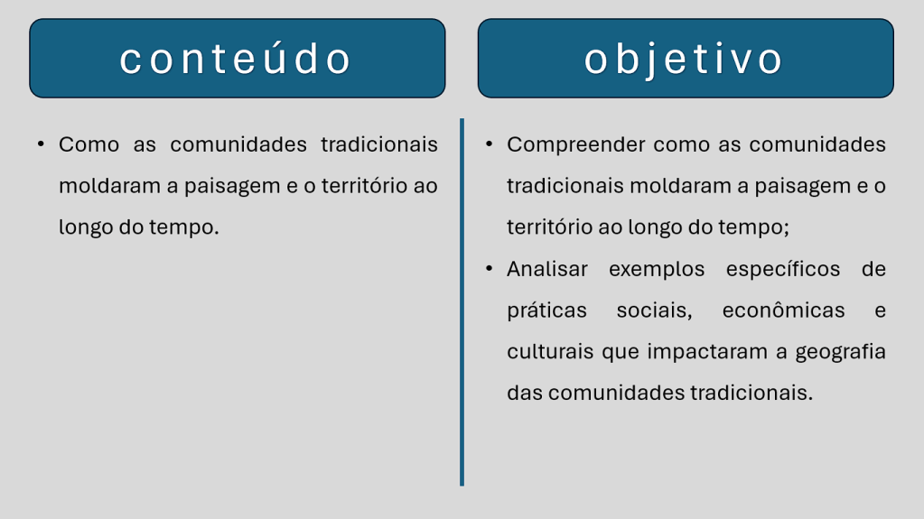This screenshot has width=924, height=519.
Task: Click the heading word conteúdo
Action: click(x=236, y=59)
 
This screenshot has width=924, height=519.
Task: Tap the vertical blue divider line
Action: click(x=462, y=302)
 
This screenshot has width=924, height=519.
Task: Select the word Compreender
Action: click(x=575, y=145)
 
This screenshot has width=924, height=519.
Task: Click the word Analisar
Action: click(x=546, y=269)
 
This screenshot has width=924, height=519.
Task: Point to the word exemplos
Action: click(x=657, y=270)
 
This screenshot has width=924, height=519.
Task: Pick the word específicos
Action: click(x=783, y=270)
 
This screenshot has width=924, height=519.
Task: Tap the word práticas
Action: click(x=546, y=311)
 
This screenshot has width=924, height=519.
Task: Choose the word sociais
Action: click(x=654, y=310)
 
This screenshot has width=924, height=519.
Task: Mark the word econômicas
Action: click(x=784, y=310)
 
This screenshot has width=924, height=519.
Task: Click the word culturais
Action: click(x=550, y=351)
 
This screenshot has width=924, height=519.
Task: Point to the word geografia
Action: click(x=840, y=352)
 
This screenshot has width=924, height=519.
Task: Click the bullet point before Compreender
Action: click(x=489, y=144)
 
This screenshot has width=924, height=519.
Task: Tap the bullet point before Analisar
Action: click(x=489, y=268)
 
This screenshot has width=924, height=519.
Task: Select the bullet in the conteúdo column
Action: click(x=41, y=144)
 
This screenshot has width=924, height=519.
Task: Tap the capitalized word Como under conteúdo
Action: click(x=89, y=145)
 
